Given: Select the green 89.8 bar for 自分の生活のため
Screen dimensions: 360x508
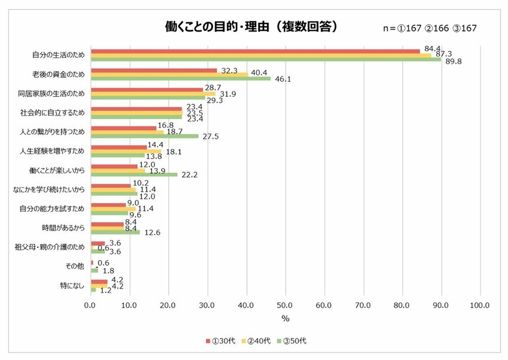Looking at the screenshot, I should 266,59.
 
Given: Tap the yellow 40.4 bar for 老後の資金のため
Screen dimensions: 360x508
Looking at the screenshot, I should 169,74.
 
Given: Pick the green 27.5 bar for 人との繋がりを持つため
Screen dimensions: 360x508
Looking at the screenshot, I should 144,135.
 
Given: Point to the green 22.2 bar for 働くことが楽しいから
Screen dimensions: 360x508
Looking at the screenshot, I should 134,174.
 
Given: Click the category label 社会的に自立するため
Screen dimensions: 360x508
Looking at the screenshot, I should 58,113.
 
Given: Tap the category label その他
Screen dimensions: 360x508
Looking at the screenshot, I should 75,266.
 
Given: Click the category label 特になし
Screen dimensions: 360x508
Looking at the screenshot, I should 73,285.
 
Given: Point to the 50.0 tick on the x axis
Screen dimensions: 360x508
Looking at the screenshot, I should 285,305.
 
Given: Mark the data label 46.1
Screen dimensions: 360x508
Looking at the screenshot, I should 281,78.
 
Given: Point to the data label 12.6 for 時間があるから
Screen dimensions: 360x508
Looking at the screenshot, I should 151,232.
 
